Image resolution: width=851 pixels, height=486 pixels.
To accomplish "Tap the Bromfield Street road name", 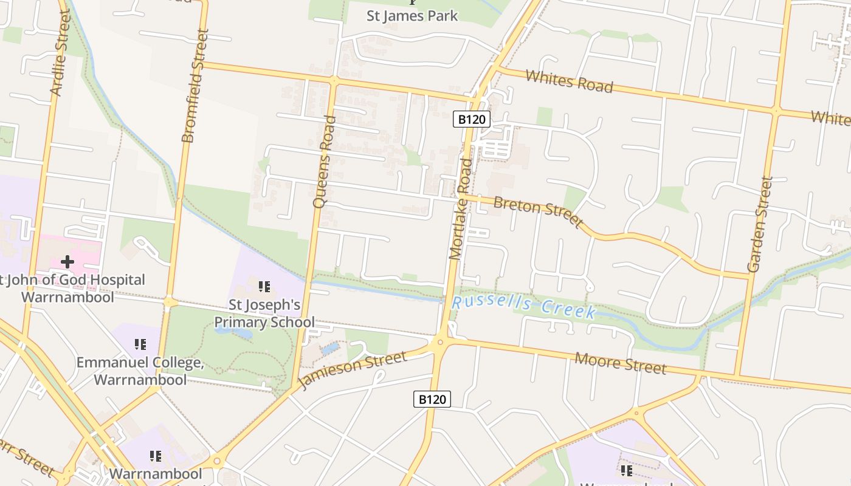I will pos(195,86).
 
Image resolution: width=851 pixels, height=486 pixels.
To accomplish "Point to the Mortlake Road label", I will pos(460,209).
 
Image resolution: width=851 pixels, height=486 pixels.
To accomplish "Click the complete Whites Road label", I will pos(569,81).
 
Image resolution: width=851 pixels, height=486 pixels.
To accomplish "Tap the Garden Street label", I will pos(759,224).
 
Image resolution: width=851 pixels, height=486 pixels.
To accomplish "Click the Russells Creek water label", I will pos(524,306).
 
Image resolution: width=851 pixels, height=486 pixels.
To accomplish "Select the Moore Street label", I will pos(621,363).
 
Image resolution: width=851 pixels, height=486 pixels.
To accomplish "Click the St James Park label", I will pos(412,16).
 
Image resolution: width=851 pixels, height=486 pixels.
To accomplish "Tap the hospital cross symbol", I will pos(67,262).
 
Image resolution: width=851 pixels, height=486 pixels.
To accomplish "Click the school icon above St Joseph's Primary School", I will pos(264,286).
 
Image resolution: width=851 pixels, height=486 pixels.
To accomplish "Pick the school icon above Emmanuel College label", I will pos(141,344).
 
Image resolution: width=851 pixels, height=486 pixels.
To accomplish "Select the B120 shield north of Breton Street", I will pos(471,119).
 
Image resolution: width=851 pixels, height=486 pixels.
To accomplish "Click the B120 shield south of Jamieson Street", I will pos(432,399).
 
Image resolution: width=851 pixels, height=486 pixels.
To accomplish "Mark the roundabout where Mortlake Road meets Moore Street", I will pos(440,343).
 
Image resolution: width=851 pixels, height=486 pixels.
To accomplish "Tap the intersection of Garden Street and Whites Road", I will pos(776,111).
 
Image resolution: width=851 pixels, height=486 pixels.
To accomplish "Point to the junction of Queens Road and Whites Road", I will pos(332,80).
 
